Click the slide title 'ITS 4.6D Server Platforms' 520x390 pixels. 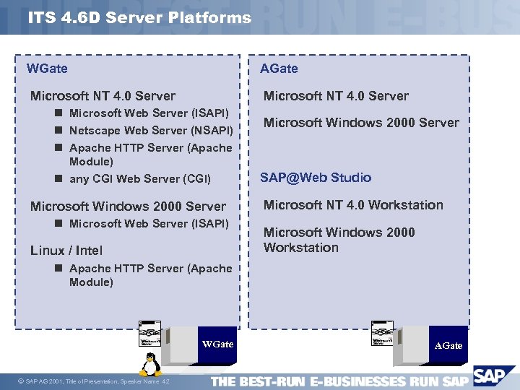[x=140, y=18]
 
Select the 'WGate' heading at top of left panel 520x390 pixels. [x=47, y=69]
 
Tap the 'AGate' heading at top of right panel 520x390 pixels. [x=279, y=69]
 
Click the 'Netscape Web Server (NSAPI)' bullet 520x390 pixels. [x=150, y=131]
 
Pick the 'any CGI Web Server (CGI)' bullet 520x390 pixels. [x=139, y=178]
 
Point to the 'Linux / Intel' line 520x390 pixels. [x=66, y=251]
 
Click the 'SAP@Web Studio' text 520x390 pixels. [x=316, y=178]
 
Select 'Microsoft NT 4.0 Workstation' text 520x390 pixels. [x=353, y=205]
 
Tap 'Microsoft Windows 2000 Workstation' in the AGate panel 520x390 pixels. [x=339, y=240]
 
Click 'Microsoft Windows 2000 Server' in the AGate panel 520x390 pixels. [x=361, y=123]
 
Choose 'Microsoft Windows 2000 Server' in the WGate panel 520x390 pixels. [x=128, y=207]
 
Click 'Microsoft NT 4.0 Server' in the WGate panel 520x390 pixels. [x=103, y=96]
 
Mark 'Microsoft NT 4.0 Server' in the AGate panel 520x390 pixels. [x=336, y=96]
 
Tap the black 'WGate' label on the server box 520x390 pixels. [x=217, y=344]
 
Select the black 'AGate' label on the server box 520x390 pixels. [x=448, y=345]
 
